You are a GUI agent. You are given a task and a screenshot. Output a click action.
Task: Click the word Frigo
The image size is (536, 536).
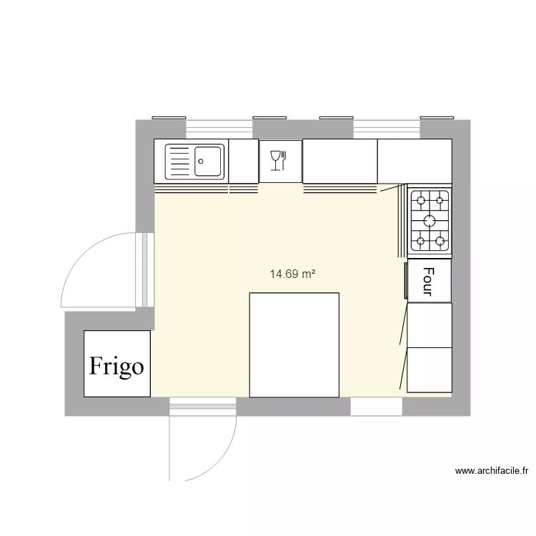point(116,366)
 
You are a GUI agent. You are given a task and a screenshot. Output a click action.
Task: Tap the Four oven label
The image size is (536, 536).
point(429,282)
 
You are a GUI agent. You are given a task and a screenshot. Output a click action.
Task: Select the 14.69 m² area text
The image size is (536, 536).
point(293,274)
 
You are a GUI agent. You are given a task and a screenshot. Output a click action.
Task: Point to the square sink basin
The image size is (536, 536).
point(209,161)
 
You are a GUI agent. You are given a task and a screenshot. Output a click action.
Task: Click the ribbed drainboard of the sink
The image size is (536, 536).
point(179,162)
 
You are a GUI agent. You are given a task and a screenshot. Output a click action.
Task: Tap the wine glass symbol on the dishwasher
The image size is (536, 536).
point(274,160)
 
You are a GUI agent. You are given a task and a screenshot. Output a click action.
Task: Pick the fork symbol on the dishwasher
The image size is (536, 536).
point(284,159)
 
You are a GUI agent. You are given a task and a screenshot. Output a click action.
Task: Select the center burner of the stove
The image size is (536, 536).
point(430,220)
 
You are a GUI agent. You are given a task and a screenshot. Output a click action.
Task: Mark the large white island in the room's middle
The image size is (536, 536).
point(294,344)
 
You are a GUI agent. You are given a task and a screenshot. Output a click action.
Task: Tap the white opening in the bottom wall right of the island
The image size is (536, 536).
point(376,407)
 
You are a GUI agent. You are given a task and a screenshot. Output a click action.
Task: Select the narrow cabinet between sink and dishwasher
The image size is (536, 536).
point(243,160)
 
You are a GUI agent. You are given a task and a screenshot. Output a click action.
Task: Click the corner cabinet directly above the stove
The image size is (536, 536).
point(415,161)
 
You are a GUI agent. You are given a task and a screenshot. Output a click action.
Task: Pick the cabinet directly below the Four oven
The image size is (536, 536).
point(430,324)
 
